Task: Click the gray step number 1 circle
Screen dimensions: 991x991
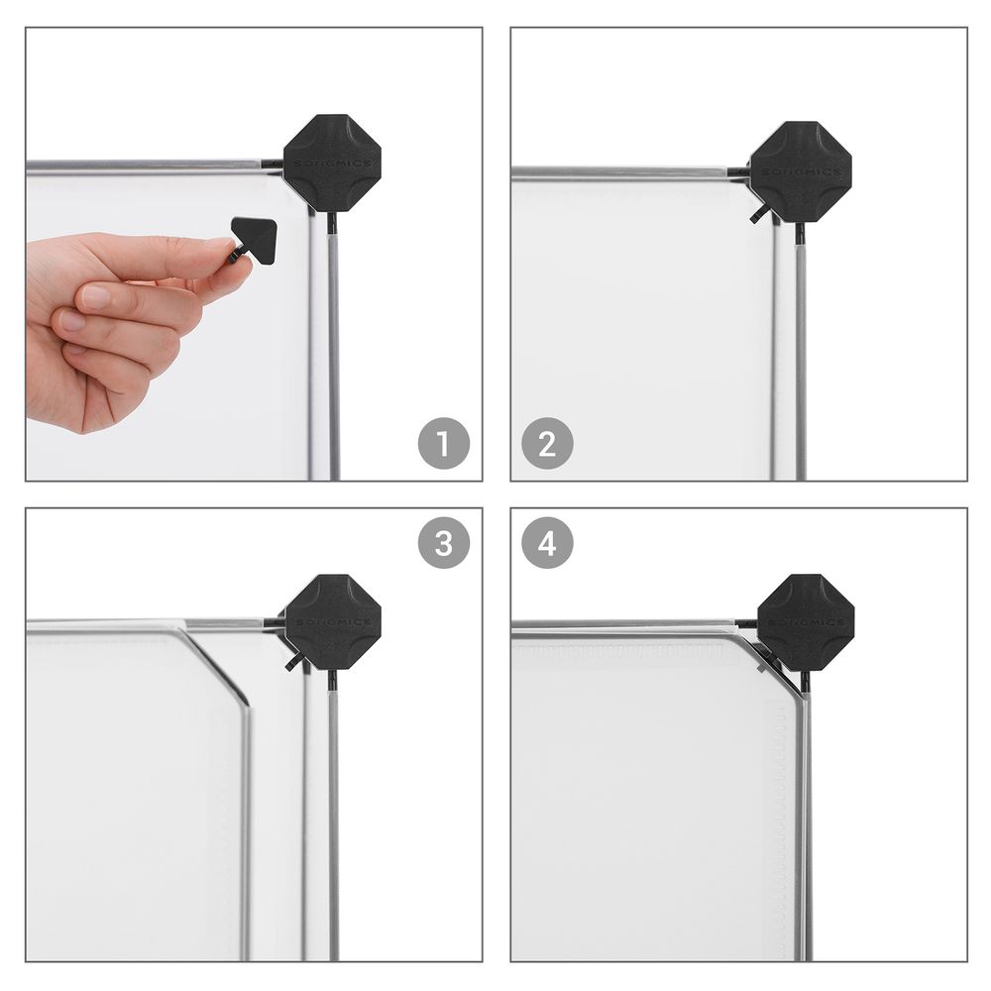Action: pyautogui.click(x=443, y=444)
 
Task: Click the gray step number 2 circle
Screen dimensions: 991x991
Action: pyautogui.click(x=548, y=444)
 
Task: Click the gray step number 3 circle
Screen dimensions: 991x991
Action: pyautogui.click(x=443, y=543)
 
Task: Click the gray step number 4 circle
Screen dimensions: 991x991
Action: pyautogui.click(x=548, y=543)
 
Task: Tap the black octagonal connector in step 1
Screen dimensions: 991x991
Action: pyautogui.click(x=332, y=164)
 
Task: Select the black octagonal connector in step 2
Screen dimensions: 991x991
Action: pyautogui.click(x=801, y=172)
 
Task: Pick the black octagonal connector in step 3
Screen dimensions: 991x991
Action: pyautogui.click(x=333, y=622)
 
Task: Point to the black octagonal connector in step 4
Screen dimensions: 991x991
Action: pyautogui.click(x=805, y=622)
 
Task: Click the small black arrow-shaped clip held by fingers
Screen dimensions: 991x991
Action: pyautogui.click(x=254, y=238)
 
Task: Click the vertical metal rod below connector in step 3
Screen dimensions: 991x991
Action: pyautogui.click(x=333, y=823)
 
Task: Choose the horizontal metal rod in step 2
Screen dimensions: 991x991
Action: pyautogui.click(x=624, y=172)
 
